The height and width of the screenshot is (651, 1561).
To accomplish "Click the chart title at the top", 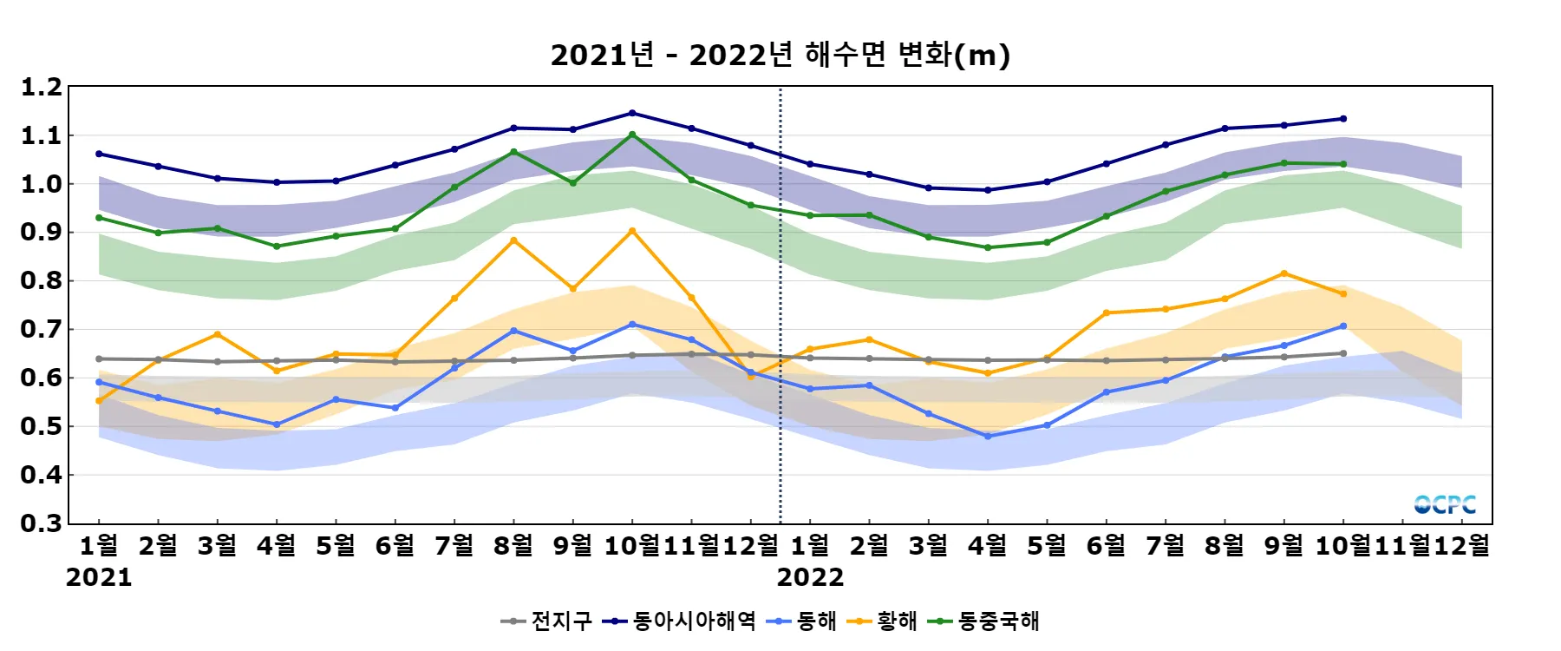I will [x=780, y=56].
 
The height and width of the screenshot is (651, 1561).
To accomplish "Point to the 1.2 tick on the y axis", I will [x=42, y=87].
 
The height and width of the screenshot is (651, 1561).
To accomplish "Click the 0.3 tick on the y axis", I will [x=42, y=523].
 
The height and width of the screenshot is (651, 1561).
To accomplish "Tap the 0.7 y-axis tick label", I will [x=42, y=330].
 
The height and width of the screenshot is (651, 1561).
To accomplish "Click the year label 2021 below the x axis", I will [x=99, y=577].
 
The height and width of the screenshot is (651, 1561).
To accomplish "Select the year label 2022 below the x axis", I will [x=810, y=577].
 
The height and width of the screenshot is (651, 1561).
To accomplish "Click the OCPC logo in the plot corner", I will [x=1445, y=504].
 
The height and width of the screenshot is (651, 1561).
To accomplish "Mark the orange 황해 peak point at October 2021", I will [x=632, y=231].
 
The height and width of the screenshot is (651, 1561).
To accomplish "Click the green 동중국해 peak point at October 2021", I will [x=632, y=135].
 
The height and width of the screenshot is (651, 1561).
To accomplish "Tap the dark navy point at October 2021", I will [x=632, y=113].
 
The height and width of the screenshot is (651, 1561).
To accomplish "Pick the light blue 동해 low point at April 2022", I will [x=988, y=437].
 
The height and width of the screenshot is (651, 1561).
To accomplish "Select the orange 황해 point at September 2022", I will [x=1284, y=273].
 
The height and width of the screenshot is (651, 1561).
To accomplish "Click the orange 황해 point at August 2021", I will [x=513, y=240].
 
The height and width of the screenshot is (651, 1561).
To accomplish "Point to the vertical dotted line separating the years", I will [x=780, y=304].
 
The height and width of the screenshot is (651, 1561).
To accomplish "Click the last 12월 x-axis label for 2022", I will [x=1462, y=545].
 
